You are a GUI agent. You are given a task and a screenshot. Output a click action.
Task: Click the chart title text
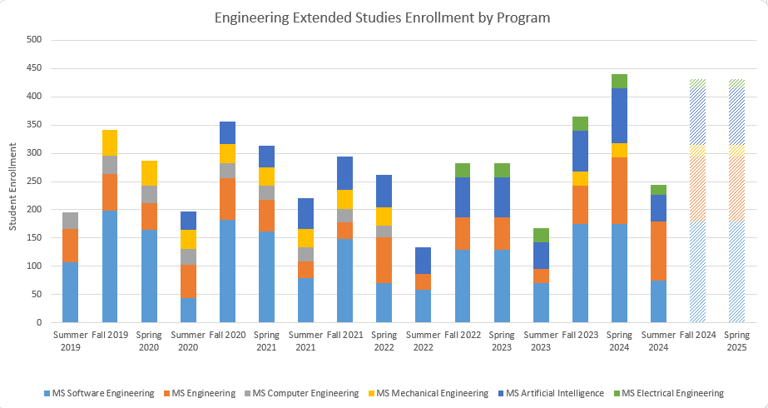[x=382, y=17]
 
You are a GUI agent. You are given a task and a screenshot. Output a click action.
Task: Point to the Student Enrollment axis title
[x=11, y=182]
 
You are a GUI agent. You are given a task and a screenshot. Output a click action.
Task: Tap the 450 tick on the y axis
[x=35, y=68]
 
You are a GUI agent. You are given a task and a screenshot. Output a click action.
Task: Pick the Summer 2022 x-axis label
[x=424, y=340]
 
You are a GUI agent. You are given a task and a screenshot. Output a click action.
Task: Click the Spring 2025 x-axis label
[x=736, y=340]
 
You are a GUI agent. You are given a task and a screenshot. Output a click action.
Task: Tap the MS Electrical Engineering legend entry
[x=673, y=393]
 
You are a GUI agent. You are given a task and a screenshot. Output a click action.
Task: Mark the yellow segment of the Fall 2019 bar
[x=110, y=142]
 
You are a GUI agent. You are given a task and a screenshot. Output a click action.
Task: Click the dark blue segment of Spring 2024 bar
[x=619, y=116]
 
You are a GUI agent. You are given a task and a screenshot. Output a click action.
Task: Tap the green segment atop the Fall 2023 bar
[x=580, y=123]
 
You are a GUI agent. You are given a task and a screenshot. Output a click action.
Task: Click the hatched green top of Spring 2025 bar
[x=736, y=83]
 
